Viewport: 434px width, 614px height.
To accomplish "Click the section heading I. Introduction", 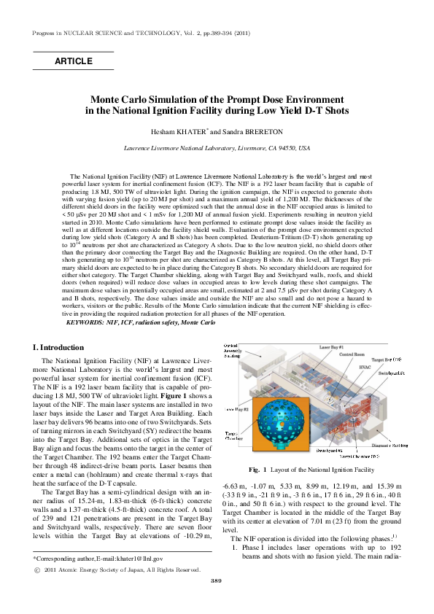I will point(59,347).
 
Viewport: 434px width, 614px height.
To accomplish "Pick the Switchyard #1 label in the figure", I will point(392,373).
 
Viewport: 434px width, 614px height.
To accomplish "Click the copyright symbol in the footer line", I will point(38,569).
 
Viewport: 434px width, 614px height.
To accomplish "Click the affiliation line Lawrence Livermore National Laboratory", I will point(216,148).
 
